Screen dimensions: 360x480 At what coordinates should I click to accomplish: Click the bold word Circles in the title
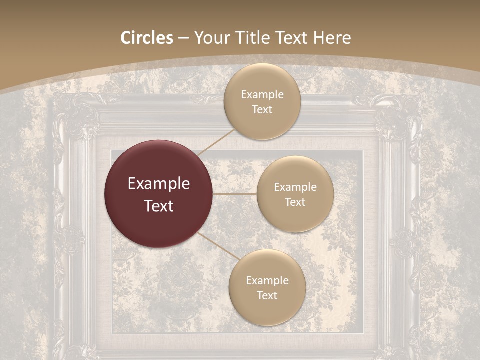point(146,38)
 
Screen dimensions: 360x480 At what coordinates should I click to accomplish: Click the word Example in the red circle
point(159,184)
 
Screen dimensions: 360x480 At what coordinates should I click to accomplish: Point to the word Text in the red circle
point(159,206)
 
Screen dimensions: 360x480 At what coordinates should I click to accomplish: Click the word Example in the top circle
point(262,95)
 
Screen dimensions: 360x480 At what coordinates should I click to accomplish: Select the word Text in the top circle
point(262,110)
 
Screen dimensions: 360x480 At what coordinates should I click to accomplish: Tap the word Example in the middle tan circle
point(295,187)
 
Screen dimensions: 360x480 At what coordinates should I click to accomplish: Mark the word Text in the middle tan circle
point(295,202)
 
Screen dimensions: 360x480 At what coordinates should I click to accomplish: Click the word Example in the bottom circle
point(267,281)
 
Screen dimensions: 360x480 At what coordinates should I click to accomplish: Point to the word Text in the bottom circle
point(267,296)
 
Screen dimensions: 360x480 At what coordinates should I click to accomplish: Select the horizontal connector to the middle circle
point(235,194)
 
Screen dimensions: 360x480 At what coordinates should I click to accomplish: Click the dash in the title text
point(183,38)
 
